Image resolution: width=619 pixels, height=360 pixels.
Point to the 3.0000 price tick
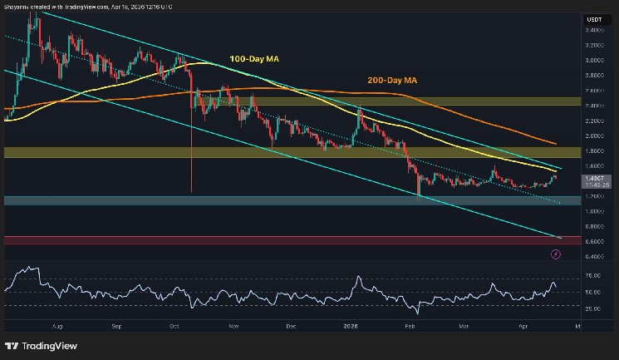click(593, 60)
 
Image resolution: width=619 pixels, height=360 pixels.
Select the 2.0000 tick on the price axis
click(593, 136)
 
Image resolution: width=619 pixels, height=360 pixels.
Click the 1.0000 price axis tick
click(593, 211)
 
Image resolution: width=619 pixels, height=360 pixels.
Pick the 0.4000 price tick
click(593, 256)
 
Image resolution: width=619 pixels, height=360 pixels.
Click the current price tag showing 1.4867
click(594, 177)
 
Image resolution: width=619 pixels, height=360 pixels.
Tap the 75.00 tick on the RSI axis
click(593, 274)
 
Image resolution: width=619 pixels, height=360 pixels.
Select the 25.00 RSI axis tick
click(593, 308)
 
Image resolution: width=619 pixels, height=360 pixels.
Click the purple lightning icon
click(555, 256)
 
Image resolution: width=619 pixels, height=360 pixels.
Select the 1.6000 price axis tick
click(593, 165)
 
